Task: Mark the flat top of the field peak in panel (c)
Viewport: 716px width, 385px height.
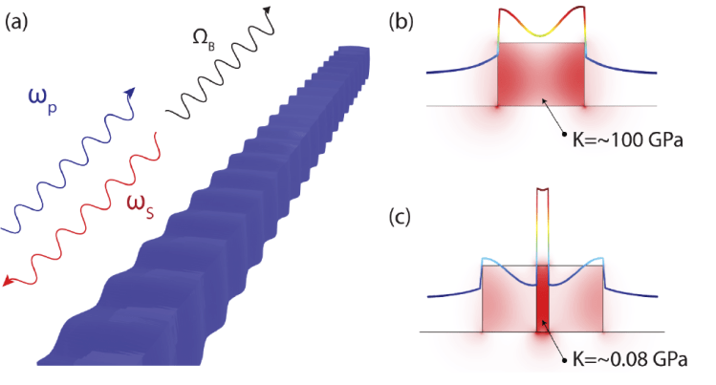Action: tap(543, 189)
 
